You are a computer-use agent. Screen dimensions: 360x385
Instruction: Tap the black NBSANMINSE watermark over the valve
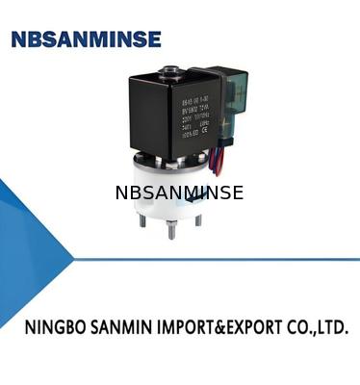tap(179, 192)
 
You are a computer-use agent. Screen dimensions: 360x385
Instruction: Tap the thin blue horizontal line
tap(212, 259)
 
